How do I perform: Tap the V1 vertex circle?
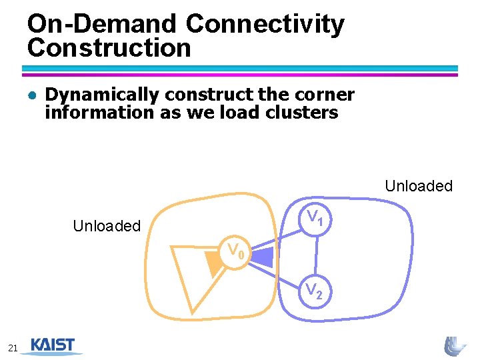click(x=315, y=218)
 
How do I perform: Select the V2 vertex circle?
click(x=315, y=291)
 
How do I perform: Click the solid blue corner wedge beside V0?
click(x=263, y=256)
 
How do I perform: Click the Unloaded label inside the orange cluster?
click(x=107, y=226)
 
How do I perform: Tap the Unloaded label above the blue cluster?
click(x=419, y=186)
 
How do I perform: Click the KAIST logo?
click(x=53, y=346)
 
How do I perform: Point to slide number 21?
click(x=13, y=347)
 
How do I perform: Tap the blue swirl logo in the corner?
click(x=455, y=345)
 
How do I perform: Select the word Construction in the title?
click(x=109, y=48)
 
